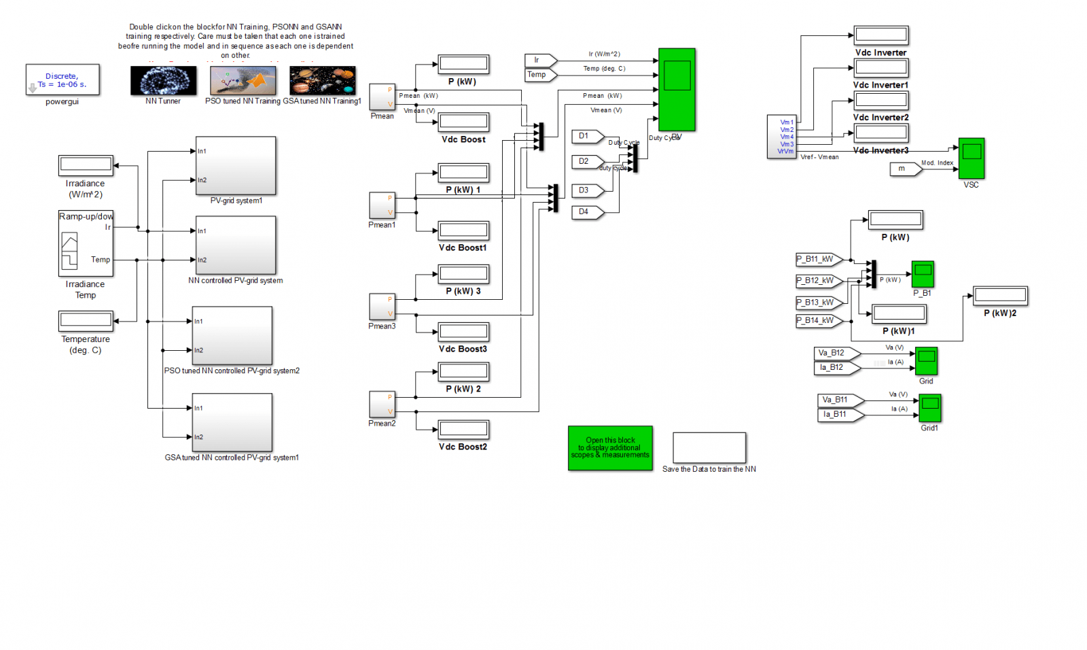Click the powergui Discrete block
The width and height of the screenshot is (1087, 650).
pyautogui.click(x=63, y=80)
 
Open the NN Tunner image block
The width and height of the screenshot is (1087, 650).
pyautogui.click(x=163, y=80)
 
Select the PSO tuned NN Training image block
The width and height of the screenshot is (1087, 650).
pyautogui.click(x=243, y=80)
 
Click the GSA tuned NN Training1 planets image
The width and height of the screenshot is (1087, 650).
pyautogui.click(x=322, y=80)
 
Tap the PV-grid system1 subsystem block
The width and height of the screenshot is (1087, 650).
pyautogui.click(x=236, y=165)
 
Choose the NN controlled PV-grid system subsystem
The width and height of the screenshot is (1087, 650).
pyautogui.click(x=236, y=245)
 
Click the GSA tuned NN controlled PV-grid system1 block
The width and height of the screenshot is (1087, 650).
pyautogui.click(x=232, y=422)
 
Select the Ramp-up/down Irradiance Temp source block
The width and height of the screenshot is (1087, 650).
pyautogui.click(x=86, y=243)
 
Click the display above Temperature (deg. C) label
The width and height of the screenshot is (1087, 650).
pyautogui.click(x=86, y=320)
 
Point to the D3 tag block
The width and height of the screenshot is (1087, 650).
pyautogui.click(x=587, y=190)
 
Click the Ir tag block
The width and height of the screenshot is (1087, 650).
pyautogui.click(x=540, y=60)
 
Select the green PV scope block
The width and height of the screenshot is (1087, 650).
pyautogui.click(x=677, y=89)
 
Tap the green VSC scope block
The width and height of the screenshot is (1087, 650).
pyautogui.click(x=971, y=158)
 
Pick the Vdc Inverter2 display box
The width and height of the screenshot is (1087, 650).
pyautogui.click(x=880, y=100)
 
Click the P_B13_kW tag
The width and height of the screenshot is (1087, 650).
pyautogui.click(x=819, y=302)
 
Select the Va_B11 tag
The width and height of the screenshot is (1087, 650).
pyautogui.click(x=839, y=400)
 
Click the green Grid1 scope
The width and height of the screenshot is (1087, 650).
pyautogui.click(x=929, y=408)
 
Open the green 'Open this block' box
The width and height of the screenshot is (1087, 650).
pyautogui.click(x=610, y=448)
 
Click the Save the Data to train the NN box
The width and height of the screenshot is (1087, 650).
pyautogui.click(x=709, y=447)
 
